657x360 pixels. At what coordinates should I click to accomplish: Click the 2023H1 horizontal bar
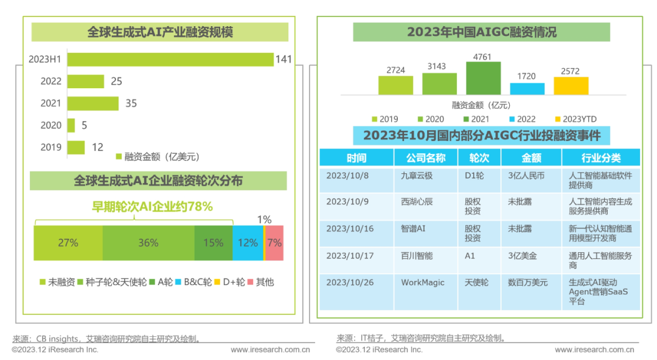pyautogui.click(x=170, y=59)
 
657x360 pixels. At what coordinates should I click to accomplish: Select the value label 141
pyautogui.click(x=283, y=59)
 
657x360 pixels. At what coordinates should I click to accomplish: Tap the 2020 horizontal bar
pyautogui.click(x=71, y=125)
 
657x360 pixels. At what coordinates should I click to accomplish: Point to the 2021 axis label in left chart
pyautogui.click(x=51, y=103)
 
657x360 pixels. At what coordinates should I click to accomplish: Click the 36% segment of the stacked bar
pyautogui.click(x=148, y=243)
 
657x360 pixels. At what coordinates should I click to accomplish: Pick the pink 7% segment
pyautogui.click(x=274, y=243)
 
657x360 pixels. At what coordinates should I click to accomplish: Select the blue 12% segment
pyautogui.click(x=248, y=243)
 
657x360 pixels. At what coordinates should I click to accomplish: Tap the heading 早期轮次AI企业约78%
pyautogui.click(x=152, y=207)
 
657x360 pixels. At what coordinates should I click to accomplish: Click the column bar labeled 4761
pyautogui.click(x=483, y=78)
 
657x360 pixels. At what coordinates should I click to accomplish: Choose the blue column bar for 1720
pyautogui.click(x=527, y=88)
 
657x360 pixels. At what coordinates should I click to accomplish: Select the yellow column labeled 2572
pyautogui.click(x=571, y=86)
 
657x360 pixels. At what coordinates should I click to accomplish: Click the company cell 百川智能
pyautogui.click(x=417, y=256)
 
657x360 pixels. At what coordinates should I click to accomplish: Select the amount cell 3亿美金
pyautogui.click(x=523, y=256)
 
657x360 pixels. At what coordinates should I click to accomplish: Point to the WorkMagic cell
pyautogui.click(x=422, y=283)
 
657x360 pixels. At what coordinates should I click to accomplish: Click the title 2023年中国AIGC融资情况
pyautogui.click(x=481, y=32)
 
